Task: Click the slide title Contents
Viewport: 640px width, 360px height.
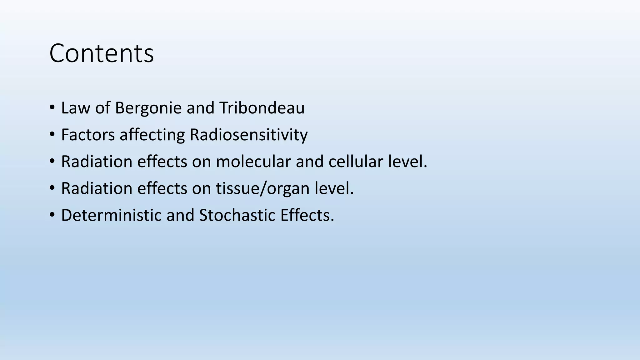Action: click(x=102, y=53)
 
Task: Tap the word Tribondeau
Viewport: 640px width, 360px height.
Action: click(x=262, y=108)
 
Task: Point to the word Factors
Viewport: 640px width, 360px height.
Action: click(x=88, y=135)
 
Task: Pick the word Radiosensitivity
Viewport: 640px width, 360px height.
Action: click(x=248, y=135)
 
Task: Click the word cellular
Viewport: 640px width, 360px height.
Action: click(x=356, y=162)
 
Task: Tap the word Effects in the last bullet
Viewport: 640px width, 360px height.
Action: click(x=307, y=215)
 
